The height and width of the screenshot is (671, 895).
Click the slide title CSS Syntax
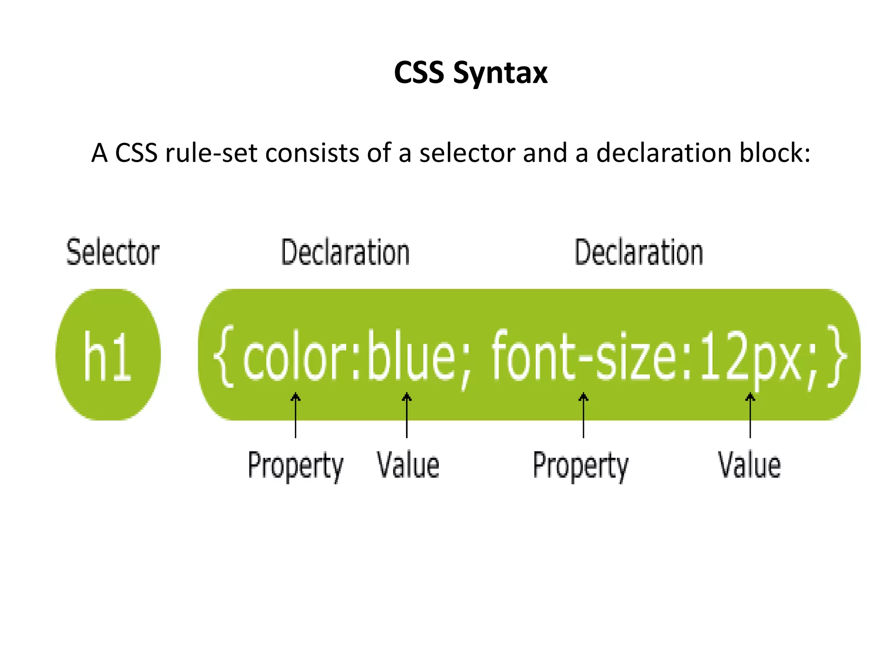point(470,73)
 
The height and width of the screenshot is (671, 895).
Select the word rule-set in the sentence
point(211,153)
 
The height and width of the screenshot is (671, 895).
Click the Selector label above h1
point(113,252)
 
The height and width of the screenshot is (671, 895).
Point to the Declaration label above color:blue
point(345,252)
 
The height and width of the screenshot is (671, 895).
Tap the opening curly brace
point(223,356)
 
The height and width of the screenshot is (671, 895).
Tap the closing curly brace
point(836,356)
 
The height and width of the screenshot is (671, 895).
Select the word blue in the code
point(412,356)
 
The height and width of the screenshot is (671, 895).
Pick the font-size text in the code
point(583,356)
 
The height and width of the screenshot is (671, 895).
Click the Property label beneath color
point(295,466)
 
